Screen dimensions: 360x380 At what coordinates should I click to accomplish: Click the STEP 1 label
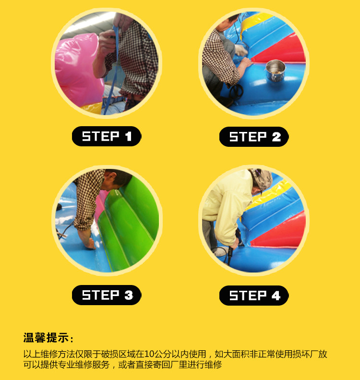[107, 136]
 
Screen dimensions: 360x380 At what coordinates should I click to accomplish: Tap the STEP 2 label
[254, 137]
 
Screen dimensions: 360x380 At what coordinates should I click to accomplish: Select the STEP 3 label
[107, 295]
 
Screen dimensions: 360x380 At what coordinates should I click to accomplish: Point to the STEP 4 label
[254, 296]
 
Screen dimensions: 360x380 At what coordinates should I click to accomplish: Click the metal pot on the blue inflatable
[276, 70]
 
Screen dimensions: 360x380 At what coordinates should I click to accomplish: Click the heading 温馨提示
[46, 338]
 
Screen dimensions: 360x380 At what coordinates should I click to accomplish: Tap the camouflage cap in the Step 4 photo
[261, 179]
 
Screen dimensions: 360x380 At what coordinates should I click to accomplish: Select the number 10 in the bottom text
[149, 354]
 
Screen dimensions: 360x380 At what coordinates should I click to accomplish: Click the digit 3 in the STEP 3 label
[129, 295]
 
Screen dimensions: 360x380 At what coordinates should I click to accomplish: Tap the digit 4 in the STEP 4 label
[276, 296]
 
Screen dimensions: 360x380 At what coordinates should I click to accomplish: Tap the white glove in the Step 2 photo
[241, 50]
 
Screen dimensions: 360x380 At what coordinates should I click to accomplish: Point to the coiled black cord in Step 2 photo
[236, 91]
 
